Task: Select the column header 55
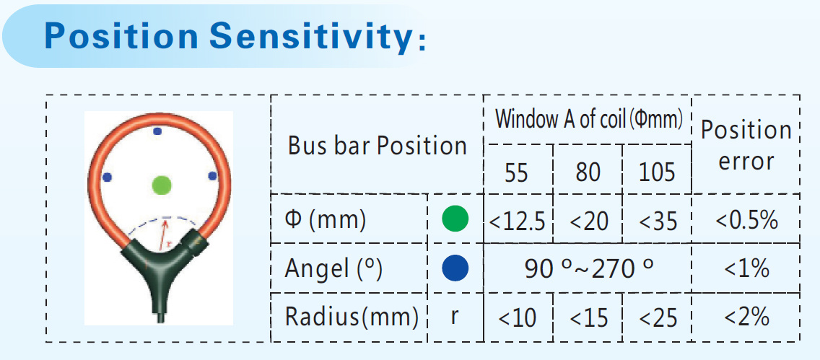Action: (x=517, y=172)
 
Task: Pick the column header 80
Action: (x=588, y=172)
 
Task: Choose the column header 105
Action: (x=658, y=172)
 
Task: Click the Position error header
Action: (x=746, y=146)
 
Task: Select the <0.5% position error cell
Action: (x=746, y=221)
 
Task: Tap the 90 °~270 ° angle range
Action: (x=589, y=268)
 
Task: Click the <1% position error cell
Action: (x=746, y=268)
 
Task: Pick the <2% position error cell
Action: (x=746, y=317)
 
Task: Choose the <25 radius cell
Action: (x=658, y=317)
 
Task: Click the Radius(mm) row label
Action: (x=352, y=317)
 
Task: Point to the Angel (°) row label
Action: (x=333, y=269)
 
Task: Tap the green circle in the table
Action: (x=455, y=219)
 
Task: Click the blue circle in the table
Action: (x=455, y=268)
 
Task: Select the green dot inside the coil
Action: (x=162, y=185)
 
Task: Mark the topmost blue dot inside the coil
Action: (x=157, y=131)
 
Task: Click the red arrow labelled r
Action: (x=165, y=234)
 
